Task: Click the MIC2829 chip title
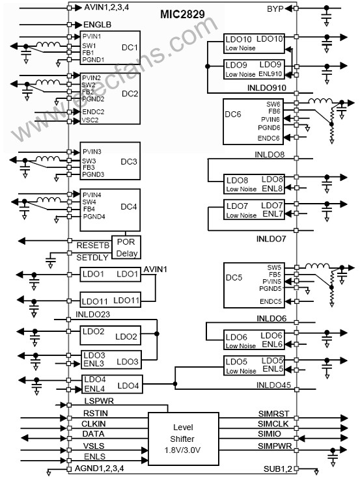pos(182,14)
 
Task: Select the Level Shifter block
pos(184,439)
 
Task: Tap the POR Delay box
pos(126,247)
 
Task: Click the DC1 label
pos(130,48)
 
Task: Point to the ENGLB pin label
pos(98,24)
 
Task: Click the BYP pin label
pos(275,9)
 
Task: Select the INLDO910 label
pos(266,88)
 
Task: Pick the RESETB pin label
pos(93,245)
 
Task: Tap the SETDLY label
pos(92,257)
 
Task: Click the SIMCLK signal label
pos(273,424)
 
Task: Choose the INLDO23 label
pos(92,314)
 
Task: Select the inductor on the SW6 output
pos(320,101)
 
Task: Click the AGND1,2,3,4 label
pos(99,468)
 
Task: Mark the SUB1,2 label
pos(277,469)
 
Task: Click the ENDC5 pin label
pos(271,301)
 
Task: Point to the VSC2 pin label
pos(90,120)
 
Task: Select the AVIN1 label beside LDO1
pos(155,269)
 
